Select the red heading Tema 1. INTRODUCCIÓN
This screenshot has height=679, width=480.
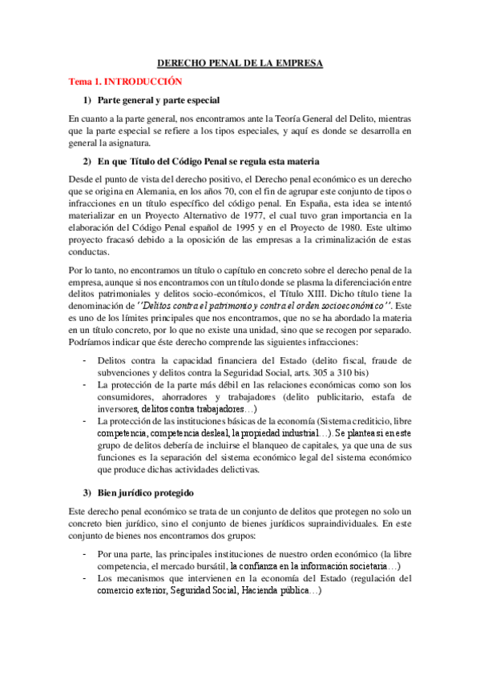click(x=126, y=82)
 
